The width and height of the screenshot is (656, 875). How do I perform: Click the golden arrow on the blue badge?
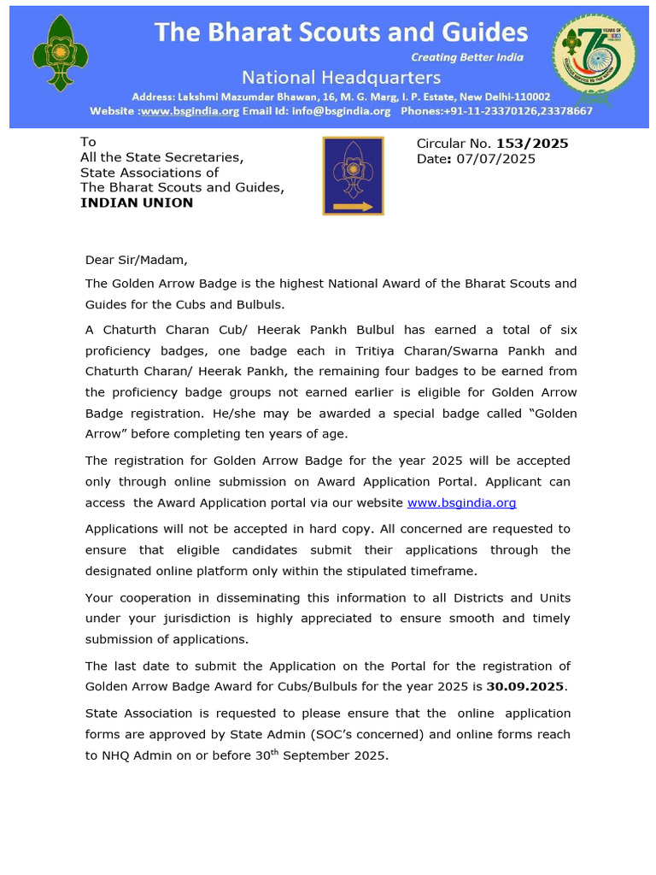point(352,206)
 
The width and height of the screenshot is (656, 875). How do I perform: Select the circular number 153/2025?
point(532,144)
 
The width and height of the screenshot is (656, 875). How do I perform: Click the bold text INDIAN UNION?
point(137,203)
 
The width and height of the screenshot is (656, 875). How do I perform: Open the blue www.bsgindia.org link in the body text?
point(461,503)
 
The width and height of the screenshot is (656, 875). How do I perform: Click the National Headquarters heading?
point(341,78)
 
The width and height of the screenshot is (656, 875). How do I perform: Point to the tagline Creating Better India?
point(467,57)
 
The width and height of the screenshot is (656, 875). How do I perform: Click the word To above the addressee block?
point(88,143)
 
